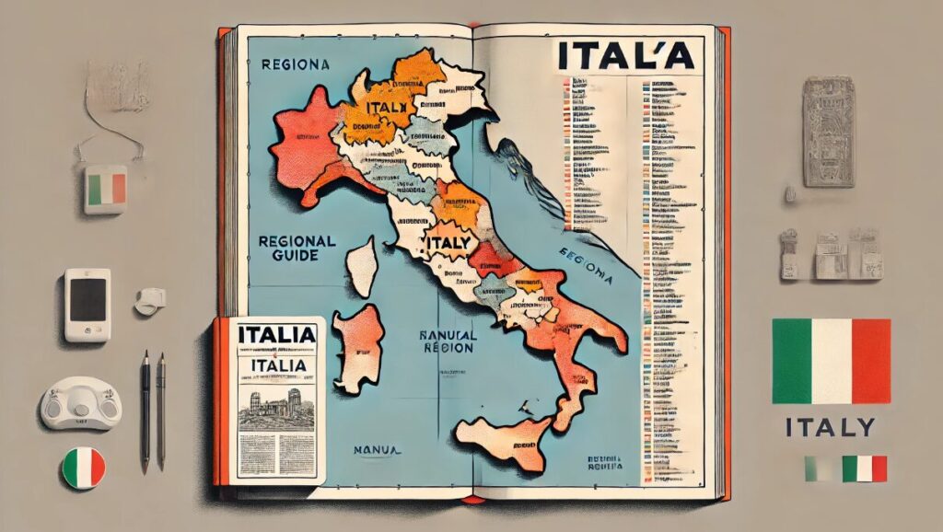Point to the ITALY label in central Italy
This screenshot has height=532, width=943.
(450, 243)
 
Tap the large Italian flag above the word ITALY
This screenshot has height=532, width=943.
(831, 362)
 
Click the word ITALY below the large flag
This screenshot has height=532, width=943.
(831, 427)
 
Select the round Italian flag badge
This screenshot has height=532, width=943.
(83, 468)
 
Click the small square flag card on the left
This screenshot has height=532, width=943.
(105, 189)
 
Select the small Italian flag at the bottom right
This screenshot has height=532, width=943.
(864, 468)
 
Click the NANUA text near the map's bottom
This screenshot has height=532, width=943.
(376, 450)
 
